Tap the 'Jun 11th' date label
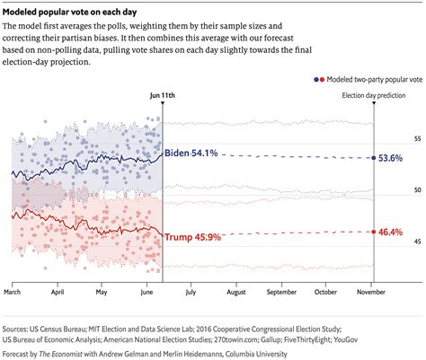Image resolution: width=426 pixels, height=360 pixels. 162,92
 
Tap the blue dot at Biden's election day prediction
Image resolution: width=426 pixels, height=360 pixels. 373,157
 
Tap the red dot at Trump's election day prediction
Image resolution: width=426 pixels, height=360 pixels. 373,232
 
